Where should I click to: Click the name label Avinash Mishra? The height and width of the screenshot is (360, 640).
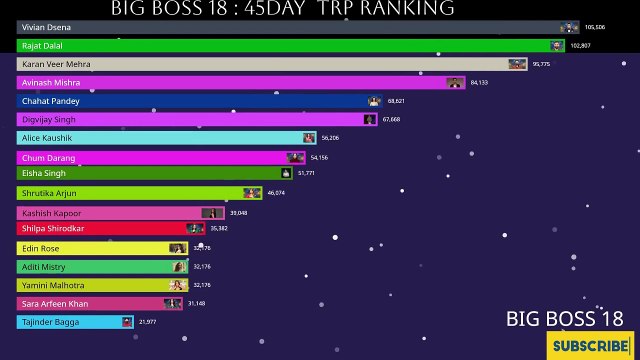(x=51, y=83)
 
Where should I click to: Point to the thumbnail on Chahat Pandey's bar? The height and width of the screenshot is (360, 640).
(x=374, y=101)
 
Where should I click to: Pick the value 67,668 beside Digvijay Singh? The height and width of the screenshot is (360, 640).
(x=391, y=119)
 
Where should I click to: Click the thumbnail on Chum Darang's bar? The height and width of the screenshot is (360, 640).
(x=295, y=157)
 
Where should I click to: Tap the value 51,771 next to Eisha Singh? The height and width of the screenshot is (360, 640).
(x=306, y=173)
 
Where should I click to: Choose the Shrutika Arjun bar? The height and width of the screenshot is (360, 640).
(x=140, y=193)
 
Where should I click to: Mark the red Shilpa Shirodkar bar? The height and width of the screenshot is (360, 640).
(x=110, y=229)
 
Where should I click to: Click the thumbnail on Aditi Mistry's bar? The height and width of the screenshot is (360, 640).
(x=179, y=267)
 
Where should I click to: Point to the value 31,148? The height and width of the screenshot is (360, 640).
(x=196, y=304)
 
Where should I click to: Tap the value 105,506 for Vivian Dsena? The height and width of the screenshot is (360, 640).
(x=596, y=27)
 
